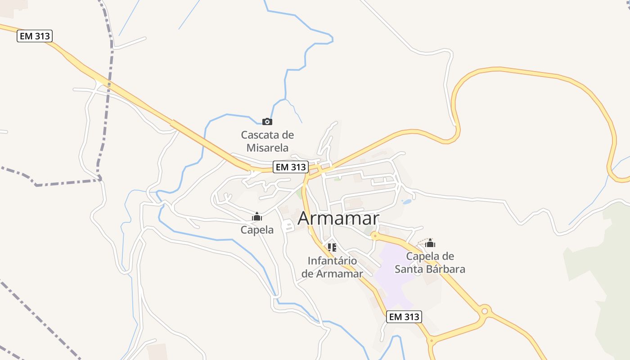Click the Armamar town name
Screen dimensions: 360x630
(x=338, y=218)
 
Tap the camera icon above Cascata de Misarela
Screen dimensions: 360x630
(x=267, y=121)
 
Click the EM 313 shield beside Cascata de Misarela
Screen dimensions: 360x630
(x=291, y=167)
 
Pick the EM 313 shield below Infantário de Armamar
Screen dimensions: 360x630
(x=404, y=317)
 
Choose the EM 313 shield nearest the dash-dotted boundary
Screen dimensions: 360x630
(x=35, y=36)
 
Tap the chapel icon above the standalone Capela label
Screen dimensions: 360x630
(x=257, y=217)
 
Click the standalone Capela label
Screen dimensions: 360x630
(x=257, y=230)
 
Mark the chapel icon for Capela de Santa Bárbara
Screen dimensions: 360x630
(x=430, y=243)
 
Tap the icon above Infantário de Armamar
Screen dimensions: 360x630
(x=332, y=247)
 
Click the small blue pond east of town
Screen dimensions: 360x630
(x=407, y=202)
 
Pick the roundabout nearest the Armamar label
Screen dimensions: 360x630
(x=374, y=234)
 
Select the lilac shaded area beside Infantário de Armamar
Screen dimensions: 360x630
(x=394, y=274)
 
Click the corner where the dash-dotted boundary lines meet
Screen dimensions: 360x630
(x=100, y=180)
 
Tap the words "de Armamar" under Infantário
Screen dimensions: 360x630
(x=332, y=274)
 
